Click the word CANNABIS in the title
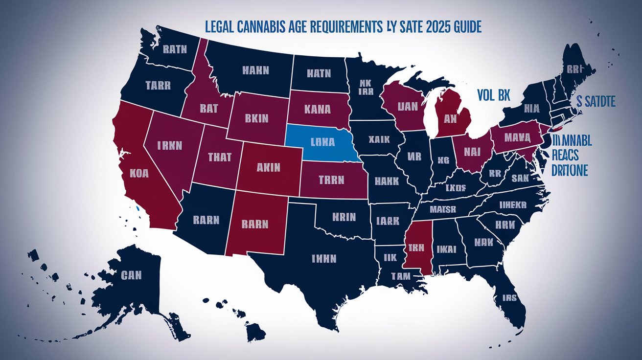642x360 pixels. click(268, 26)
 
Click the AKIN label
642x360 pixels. click(268, 167)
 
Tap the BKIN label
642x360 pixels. click(255, 118)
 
